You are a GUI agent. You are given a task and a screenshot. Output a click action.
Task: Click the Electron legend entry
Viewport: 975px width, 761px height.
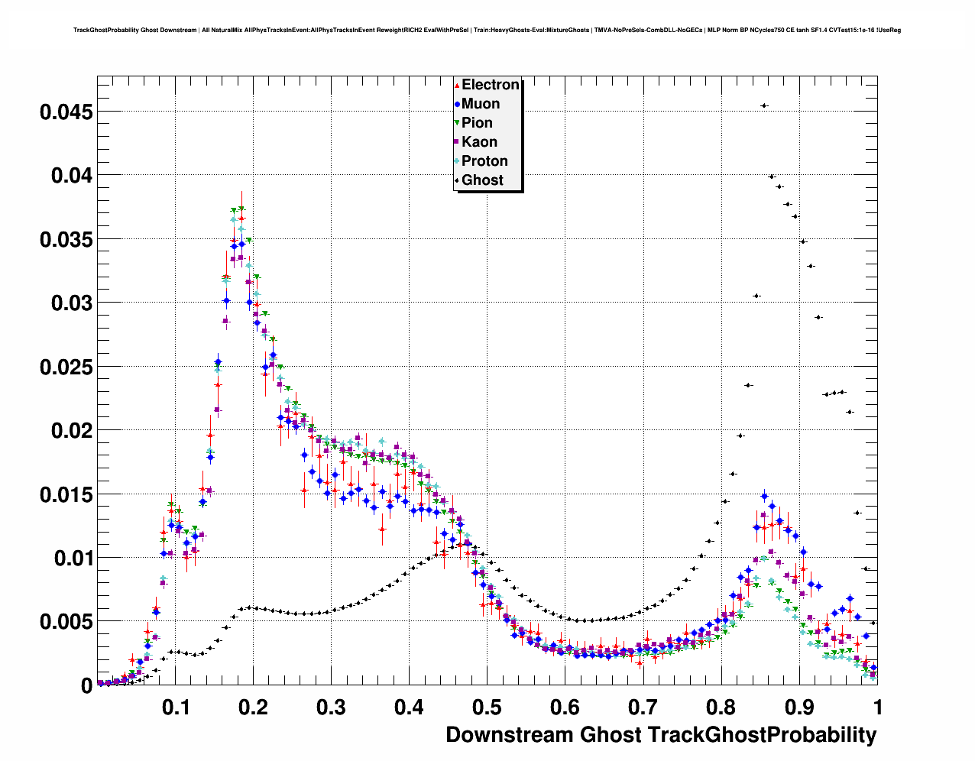pyautogui.click(x=490, y=85)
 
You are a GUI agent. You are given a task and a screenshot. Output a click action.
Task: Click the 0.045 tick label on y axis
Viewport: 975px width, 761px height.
pyautogui.click(x=66, y=112)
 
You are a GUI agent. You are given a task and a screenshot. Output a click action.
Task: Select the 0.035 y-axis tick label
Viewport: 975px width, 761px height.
pyautogui.click(x=66, y=240)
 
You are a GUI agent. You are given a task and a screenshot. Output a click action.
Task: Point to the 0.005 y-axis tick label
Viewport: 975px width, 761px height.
pyautogui.click(x=66, y=622)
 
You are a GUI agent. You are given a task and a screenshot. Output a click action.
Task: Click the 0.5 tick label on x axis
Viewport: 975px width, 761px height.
pyautogui.click(x=487, y=708)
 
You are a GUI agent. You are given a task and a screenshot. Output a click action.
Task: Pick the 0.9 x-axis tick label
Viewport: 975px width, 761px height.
pyautogui.click(x=798, y=708)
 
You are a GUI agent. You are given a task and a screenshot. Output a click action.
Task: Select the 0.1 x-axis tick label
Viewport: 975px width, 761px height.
pyautogui.click(x=176, y=708)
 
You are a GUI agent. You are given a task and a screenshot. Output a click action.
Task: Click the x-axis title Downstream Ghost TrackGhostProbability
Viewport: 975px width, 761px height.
pyautogui.click(x=661, y=735)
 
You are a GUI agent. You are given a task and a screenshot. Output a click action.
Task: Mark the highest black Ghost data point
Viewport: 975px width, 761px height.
pyautogui.click(x=764, y=105)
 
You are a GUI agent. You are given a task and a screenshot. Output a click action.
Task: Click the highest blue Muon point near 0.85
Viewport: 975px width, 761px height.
pyautogui.click(x=764, y=497)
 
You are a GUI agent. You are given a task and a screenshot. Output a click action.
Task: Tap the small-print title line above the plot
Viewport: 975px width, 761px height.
pyautogui.click(x=487, y=31)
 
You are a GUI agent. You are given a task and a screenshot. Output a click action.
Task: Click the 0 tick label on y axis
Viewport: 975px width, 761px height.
pyautogui.click(x=87, y=686)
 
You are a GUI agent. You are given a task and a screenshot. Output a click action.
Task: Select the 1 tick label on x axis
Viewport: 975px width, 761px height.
pyautogui.click(x=878, y=708)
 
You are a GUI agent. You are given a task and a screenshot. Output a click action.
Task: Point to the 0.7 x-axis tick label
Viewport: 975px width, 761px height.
pyautogui.click(x=643, y=708)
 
